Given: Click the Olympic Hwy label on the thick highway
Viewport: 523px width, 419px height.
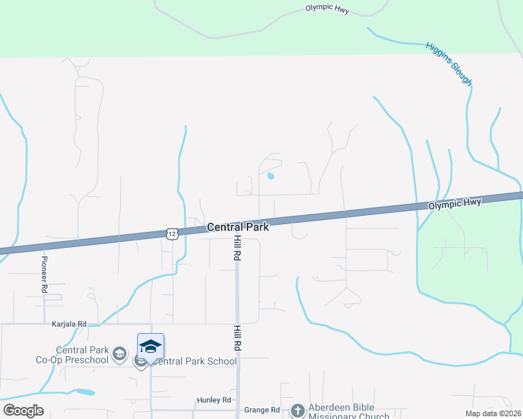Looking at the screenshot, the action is [454, 203].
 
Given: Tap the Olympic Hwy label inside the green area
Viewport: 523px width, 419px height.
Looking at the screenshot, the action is [327, 9].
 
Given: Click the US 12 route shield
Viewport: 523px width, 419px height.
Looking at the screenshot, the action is [172, 233].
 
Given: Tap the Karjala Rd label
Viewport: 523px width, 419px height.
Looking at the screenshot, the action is [69, 324].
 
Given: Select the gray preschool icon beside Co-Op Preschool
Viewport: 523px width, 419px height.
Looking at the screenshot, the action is [119, 354].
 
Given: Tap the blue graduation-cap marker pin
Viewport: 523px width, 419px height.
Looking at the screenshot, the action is [151, 347].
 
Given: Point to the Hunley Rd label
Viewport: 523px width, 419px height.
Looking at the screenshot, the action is [213, 400].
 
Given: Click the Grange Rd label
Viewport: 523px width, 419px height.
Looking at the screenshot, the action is [261, 410].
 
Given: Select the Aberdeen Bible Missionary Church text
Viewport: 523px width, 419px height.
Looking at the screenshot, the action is [343, 411].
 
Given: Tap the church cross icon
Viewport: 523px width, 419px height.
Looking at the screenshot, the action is [298, 410].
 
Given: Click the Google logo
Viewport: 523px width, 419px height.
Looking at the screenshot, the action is [23, 411].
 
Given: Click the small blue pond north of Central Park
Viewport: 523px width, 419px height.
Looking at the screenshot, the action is [270, 176].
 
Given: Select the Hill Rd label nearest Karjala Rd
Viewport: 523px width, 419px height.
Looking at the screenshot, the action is [238, 337].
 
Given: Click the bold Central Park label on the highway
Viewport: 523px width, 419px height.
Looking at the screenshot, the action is [237, 227].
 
